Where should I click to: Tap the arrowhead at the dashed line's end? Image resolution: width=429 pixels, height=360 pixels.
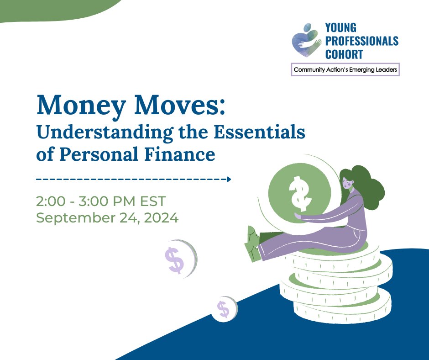point(229,179)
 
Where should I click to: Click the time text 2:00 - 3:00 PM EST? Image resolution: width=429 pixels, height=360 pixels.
point(101,201)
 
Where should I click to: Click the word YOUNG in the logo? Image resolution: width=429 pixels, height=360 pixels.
point(341,29)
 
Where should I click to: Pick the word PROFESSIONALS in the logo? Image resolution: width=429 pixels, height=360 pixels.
point(361,42)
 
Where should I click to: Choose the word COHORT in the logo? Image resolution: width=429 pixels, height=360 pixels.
point(344,54)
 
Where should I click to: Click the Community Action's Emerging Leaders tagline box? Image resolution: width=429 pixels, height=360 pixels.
point(345,69)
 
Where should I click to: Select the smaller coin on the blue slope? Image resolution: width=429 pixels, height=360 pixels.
point(224,309)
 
